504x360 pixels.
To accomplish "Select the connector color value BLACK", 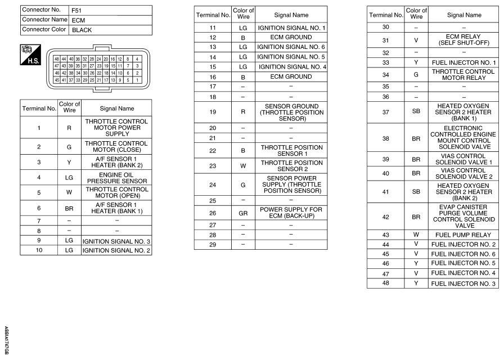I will pos(82,30).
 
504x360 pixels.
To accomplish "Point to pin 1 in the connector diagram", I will pos(137,79).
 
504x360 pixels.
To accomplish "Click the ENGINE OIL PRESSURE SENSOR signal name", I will pos(116,178).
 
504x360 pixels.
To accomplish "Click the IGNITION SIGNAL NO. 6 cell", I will pos(291,47).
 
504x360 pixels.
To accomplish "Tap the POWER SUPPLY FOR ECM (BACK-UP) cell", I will pos(291,214).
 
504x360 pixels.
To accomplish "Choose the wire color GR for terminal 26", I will pos(243,214).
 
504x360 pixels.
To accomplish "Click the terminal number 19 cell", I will pos(213,112).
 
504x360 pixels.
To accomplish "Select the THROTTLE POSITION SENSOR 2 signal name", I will pos(291,165).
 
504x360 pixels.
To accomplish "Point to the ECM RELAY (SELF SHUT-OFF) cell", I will pos(463,40).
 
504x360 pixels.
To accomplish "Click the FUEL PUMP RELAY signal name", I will pos(463,235).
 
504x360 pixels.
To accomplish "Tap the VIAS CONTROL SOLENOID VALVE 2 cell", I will pos(463,173).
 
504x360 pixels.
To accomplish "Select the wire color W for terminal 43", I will pos(416,235).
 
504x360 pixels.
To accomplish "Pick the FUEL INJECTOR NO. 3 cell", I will pos(463,283).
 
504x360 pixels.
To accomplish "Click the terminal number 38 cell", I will pos(385,138).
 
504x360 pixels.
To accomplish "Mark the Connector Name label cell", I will pos(44,20).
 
